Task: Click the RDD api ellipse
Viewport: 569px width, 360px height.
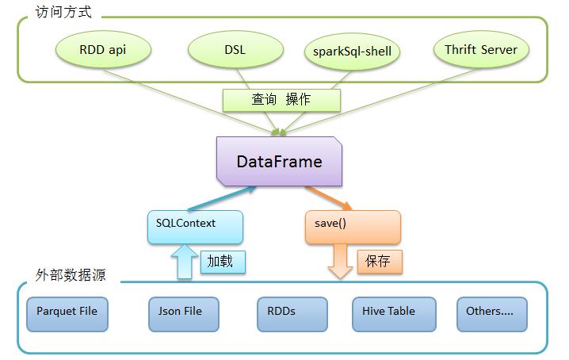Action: (x=103, y=49)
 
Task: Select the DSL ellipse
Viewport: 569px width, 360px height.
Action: (x=235, y=49)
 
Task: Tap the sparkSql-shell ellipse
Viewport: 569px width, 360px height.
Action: (x=352, y=52)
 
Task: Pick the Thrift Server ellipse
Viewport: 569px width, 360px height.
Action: (x=481, y=49)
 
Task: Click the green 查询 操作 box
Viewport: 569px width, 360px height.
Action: (x=281, y=100)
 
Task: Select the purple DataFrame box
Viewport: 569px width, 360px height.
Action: (x=279, y=161)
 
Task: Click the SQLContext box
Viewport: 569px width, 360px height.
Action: (x=195, y=227)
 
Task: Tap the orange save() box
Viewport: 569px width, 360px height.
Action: (x=353, y=227)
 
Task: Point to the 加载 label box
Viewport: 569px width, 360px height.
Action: (x=223, y=262)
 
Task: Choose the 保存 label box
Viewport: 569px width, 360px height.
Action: (x=380, y=262)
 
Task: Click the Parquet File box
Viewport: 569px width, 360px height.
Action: (x=67, y=314)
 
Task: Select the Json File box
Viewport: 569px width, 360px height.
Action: (x=184, y=314)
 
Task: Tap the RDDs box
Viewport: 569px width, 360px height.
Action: (x=292, y=314)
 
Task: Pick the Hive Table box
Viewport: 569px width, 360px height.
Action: (x=394, y=314)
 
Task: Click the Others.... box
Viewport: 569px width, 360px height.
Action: (x=492, y=314)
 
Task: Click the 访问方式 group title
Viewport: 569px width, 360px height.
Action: (x=63, y=12)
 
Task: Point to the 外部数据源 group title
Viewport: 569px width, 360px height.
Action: (x=71, y=275)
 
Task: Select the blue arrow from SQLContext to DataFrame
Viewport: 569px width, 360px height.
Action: (x=222, y=199)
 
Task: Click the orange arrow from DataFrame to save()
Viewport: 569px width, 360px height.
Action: (x=328, y=198)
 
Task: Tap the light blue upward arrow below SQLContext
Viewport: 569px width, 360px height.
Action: (x=185, y=262)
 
